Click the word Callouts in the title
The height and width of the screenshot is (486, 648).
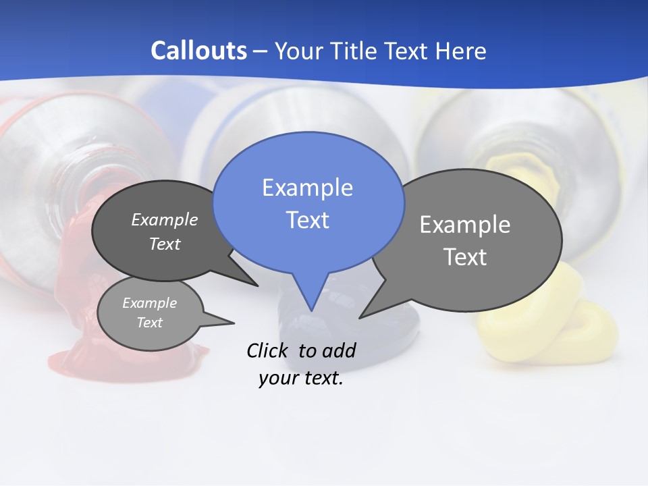click(198, 51)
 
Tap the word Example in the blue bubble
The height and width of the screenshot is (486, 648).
click(307, 188)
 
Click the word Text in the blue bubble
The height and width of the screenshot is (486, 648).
click(307, 220)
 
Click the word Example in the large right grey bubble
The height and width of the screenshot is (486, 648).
click(465, 225)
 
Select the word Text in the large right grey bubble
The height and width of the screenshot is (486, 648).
click(465, 257)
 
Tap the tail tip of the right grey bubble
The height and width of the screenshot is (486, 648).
click(360, 317)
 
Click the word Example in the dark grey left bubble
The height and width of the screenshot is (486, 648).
click(165, 219)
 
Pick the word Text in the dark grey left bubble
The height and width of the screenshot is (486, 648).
click(165, 244)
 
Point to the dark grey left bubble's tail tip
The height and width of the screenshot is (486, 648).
click(257, 286)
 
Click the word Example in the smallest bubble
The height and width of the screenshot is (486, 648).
click(150, 303)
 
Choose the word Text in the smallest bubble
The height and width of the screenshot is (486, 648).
click(150, 323)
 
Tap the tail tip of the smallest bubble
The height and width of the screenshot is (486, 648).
click(234, 322)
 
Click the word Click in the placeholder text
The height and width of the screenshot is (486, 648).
click(269, 350)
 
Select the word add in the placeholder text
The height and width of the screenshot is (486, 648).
click(339, 350)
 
